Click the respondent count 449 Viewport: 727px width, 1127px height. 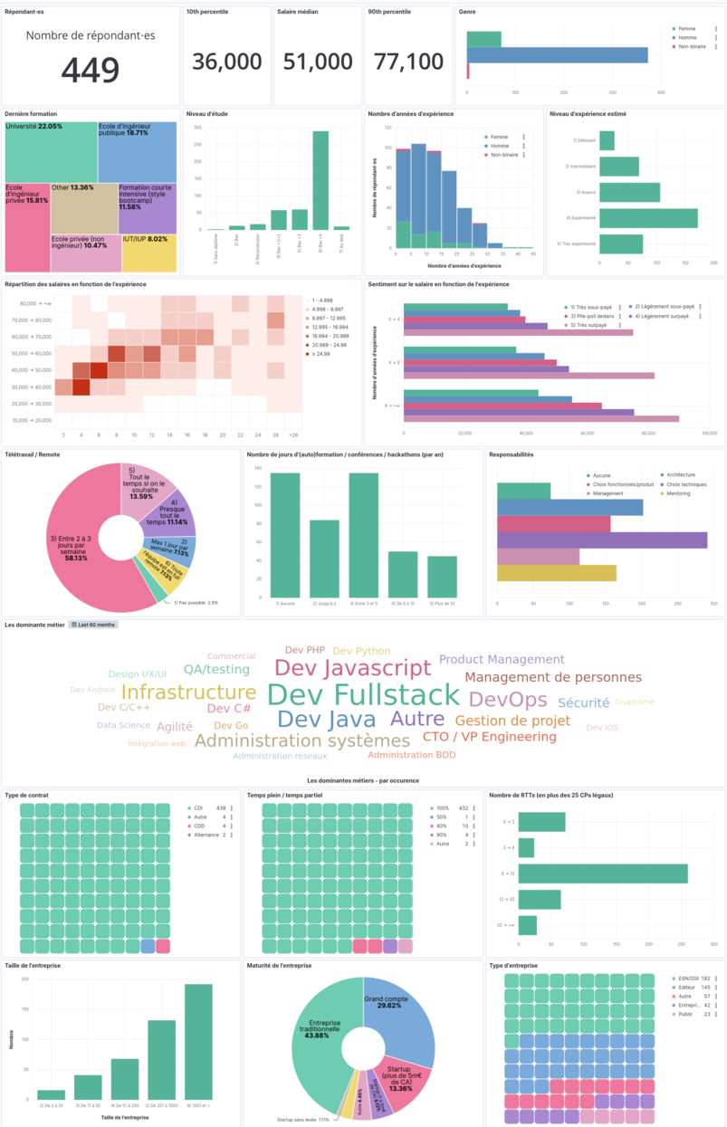[x=91, y=71]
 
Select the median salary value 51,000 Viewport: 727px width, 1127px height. [x=318, y=62]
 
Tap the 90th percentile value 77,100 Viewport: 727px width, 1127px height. [x=408, y=62]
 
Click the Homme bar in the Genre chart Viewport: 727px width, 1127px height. [x=557, y=54]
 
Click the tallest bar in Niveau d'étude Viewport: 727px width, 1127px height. [x=320, y=181]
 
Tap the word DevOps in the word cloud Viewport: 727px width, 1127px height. [x=508, y=700]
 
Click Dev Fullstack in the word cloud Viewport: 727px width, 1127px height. [x=364, y=695]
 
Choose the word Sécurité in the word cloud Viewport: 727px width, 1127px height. [x=583, y=702]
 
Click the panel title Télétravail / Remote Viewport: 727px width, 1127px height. [x=33, y=454]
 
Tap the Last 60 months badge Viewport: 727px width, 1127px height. [x=93, y=625]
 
